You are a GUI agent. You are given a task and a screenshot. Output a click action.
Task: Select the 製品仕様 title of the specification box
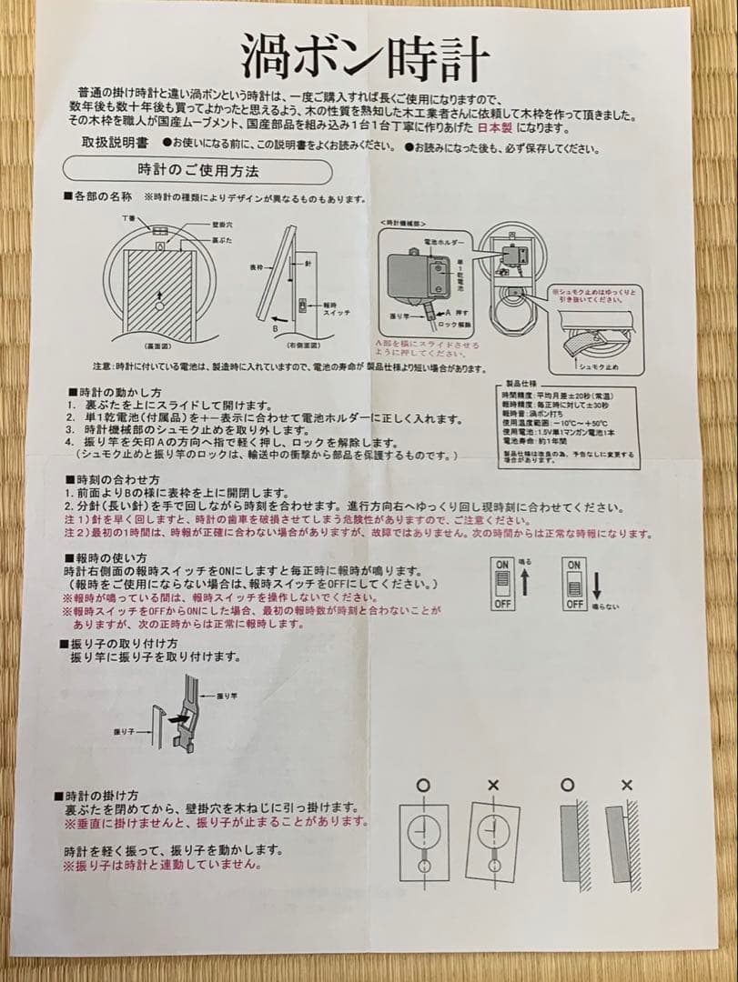click(521, 385)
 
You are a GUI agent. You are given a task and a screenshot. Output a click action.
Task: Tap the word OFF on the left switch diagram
click(502, 603)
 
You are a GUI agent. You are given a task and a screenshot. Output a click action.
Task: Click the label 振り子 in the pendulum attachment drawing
click(125, 730)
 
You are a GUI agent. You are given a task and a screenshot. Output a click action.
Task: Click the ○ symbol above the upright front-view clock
click(422, 785)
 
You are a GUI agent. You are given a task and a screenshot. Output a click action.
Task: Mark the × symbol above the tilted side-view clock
click(626, 785)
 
